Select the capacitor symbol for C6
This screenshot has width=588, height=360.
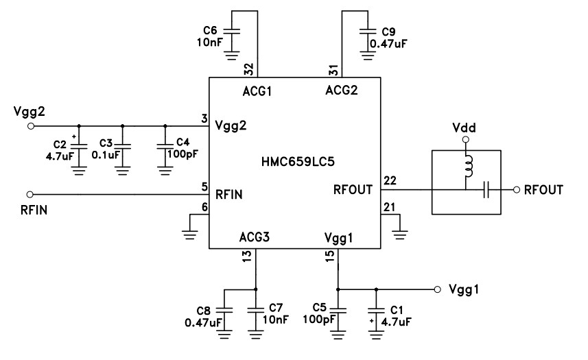(x=233, y=31)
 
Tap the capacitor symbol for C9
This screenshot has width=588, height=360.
(x=368, y=31)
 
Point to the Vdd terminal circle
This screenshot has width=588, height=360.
(x=465, y=140)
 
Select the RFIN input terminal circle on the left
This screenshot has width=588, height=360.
(x=30, y=194)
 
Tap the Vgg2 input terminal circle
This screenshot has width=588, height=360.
(x=30, y=126)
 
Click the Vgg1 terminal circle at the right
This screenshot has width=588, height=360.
(x=437, y=289)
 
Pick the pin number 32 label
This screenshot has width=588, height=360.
(x=248, y=69)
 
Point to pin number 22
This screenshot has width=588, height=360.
(x=389, y=180)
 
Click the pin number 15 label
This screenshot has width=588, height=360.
(x=331, y=256)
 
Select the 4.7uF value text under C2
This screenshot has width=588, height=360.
(x=57, y=156)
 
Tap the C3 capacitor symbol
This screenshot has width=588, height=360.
(x=122, y=145)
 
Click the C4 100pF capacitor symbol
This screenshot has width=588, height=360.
(x=165, y=145)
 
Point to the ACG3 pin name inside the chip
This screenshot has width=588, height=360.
(x=254, y=237)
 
